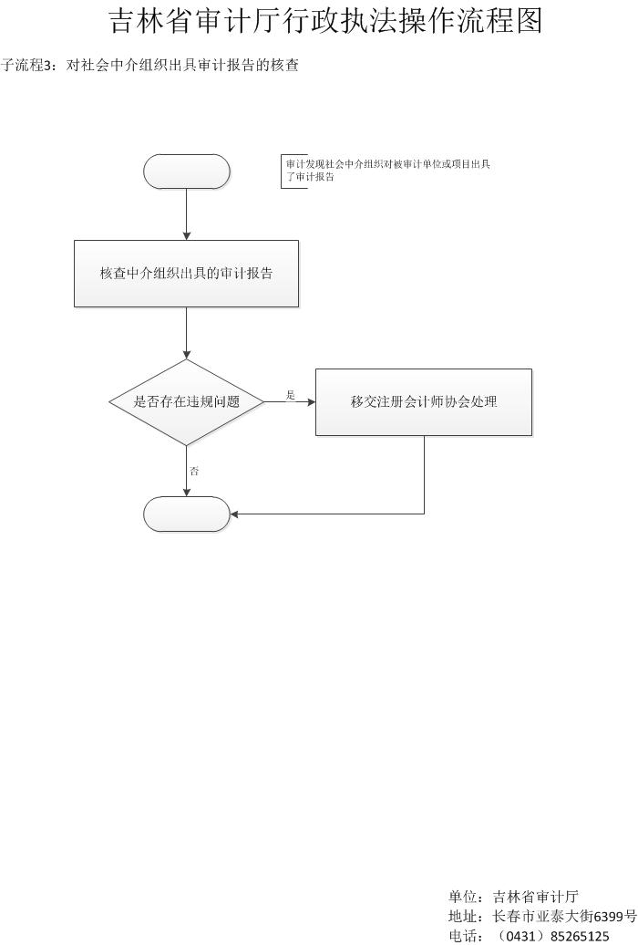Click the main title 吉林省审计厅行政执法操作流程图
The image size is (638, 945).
[326, 21]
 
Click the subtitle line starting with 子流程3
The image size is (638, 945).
[149, 65]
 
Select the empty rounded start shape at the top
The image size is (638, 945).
[187, 171]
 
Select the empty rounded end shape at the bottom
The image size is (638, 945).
[187, 514]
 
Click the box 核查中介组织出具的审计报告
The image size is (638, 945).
[186, 274]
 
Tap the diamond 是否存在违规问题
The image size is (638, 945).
[187, 402]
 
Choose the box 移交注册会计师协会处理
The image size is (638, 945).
[424, 402]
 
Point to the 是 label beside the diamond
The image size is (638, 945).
[291, 395]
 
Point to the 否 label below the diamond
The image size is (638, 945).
[194, 472]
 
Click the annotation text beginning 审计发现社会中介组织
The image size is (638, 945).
[388, 170]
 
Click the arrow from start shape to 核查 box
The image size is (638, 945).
[187, 214]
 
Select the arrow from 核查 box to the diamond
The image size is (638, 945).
[187, 333]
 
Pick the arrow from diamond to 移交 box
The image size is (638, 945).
[290, 402]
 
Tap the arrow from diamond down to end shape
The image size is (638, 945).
[187, 472]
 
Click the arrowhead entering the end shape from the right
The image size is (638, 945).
[234, 514]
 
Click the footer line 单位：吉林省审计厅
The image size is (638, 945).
[513, 897]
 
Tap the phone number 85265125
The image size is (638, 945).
[580, 937]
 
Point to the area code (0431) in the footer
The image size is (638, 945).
[520, 937]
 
